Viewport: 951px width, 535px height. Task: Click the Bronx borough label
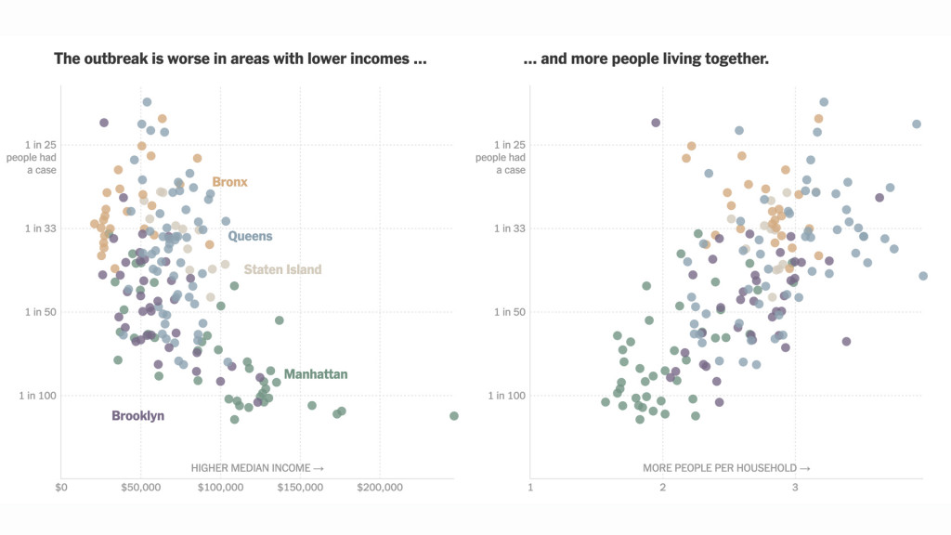click(x=229, y=182)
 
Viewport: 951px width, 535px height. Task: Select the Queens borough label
click(x=250, y=236)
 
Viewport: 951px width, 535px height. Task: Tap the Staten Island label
click(x=282, y=269)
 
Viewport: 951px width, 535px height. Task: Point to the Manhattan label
click(x=316, y=374)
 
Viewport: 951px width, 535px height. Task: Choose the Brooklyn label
click(x=137, y=415)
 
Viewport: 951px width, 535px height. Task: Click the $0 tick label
click(x=61, y=487)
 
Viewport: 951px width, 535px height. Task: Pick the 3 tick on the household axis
click(x=795, y=487)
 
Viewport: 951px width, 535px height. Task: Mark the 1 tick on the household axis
click(x=530, y=487)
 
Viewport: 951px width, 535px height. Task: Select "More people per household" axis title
click(x=726, y=468)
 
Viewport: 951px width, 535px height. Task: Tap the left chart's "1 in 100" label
click(x=38, y=396)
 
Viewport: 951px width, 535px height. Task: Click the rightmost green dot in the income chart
click(x=454, y=415)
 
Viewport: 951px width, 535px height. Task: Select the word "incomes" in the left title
click(x=386, y=59)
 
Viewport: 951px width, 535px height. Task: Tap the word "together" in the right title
click(x=737, y=59)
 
